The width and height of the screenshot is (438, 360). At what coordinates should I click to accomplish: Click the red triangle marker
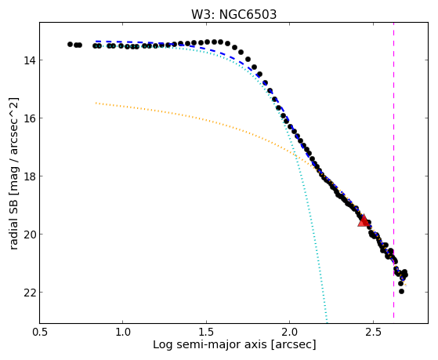[364, 220]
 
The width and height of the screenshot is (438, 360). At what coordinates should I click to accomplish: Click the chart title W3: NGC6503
[233, 15]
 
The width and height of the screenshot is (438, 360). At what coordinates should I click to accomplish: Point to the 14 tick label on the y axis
[29, 60]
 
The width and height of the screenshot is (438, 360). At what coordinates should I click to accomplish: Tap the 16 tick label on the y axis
[29, 118]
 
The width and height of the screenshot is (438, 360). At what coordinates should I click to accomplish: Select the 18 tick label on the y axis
[29, 176]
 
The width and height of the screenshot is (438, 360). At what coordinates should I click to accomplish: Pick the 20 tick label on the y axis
[29, 235]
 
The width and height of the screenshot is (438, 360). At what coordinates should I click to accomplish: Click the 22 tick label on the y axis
[29, 293]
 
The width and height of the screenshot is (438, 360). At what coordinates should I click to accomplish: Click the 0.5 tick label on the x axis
[40, 332]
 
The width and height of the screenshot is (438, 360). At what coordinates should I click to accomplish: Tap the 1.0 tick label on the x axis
[123, 332]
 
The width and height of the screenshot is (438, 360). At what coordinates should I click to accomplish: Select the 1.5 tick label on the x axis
[206, 332]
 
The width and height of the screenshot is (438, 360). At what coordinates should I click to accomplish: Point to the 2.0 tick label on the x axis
[290, 332]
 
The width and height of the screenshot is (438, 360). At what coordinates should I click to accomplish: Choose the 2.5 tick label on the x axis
[374, 332]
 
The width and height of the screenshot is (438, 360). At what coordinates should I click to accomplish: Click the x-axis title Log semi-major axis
[209, 345]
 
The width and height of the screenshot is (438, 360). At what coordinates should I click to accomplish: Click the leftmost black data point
[70, 44]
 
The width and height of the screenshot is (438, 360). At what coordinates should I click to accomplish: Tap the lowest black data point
[401, 291]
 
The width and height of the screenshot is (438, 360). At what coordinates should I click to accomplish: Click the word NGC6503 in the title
[248, 15]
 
